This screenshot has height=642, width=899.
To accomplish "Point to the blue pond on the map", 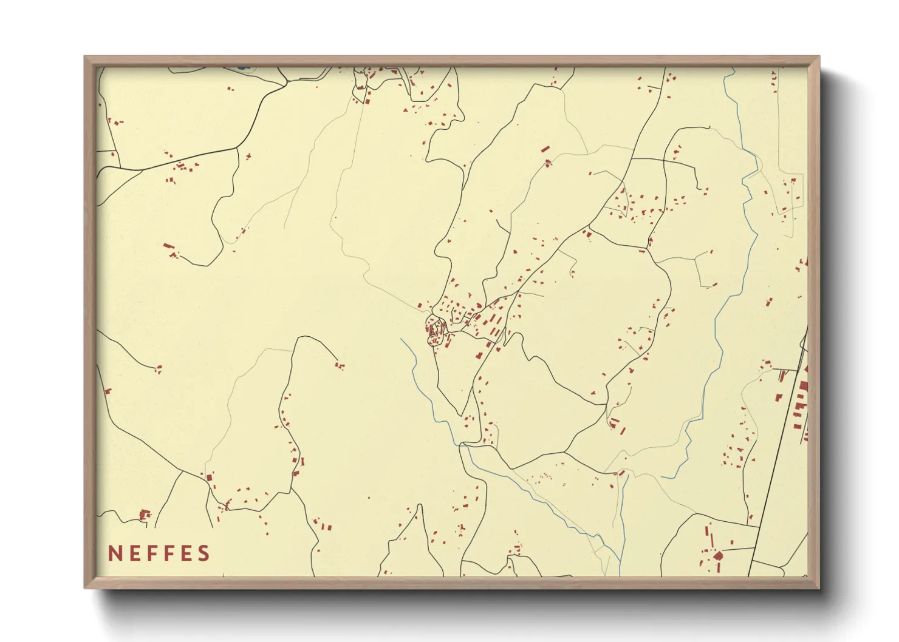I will click(243, 67).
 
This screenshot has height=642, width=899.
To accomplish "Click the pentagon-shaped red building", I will click(718, 555).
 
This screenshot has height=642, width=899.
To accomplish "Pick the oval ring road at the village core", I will click(436, 331).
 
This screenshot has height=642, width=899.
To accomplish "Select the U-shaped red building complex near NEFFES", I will click(145, 515).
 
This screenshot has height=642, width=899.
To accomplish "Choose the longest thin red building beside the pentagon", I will click(707, 536).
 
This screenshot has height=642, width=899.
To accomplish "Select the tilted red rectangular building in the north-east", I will click(545, 149).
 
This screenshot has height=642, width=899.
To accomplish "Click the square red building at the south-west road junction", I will click(210, 478).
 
